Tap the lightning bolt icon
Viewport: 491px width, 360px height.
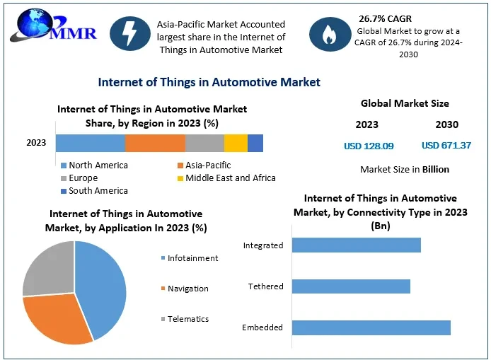click(129, 33)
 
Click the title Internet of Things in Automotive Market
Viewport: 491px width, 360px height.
click(209, 82)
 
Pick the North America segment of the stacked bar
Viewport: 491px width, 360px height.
click(91, 143)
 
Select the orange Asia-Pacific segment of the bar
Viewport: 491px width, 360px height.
click(155, 143)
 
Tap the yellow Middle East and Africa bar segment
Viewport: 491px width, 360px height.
click(236, 143)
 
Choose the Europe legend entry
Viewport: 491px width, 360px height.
click(83, 178)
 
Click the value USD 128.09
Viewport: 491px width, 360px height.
click(369, 146)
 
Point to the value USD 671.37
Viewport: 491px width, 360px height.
click(446, 146)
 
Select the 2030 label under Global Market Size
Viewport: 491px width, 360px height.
click(446, 124)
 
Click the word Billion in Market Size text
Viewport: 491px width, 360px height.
click(436, 169)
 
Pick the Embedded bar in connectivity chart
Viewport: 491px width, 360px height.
click(371, 327)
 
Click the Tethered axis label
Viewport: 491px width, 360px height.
click(266, 286)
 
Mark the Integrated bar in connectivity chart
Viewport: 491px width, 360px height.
click(356, 245)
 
